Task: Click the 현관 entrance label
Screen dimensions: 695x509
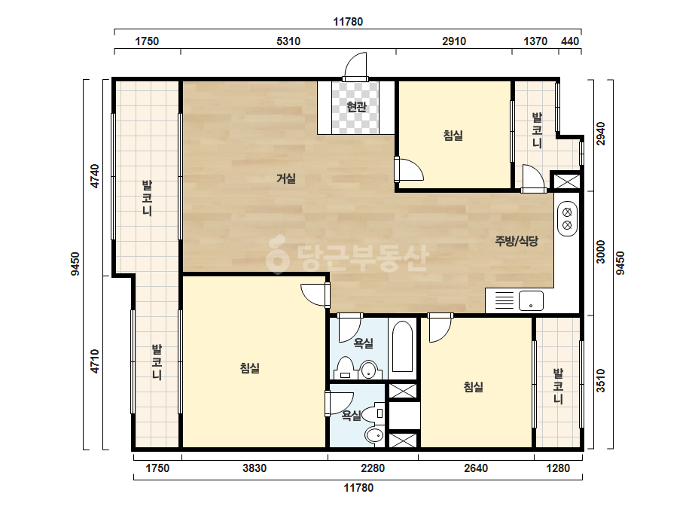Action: point(356,107)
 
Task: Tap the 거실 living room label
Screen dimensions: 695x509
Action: point(286,178)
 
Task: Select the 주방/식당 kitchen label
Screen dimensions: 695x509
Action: point(517,241)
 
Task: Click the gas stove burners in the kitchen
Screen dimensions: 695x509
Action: point(567,219)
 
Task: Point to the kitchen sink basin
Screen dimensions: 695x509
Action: point(531,300)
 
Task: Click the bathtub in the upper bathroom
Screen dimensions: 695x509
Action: point(402,346)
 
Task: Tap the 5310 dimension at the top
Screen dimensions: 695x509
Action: point(288,41)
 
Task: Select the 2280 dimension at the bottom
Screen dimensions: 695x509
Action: point(373,468)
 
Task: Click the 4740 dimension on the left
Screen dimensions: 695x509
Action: point(94,176)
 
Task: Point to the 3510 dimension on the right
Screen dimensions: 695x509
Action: point(601,380)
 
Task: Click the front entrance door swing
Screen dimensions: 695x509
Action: point(356,66)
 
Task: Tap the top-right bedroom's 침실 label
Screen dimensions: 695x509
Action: point(453,136)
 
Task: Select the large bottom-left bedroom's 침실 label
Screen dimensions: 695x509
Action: point(249,368)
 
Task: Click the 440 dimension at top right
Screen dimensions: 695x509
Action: point(569,41)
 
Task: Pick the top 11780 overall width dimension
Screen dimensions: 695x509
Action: point(348,22)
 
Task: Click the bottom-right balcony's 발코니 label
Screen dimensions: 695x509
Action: point(558,386)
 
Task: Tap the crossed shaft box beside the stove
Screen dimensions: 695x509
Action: point(566,181)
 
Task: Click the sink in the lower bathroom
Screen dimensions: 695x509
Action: point(374,435)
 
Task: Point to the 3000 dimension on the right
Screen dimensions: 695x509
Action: point(601,251)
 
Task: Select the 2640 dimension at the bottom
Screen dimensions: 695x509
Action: point(476,468)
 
